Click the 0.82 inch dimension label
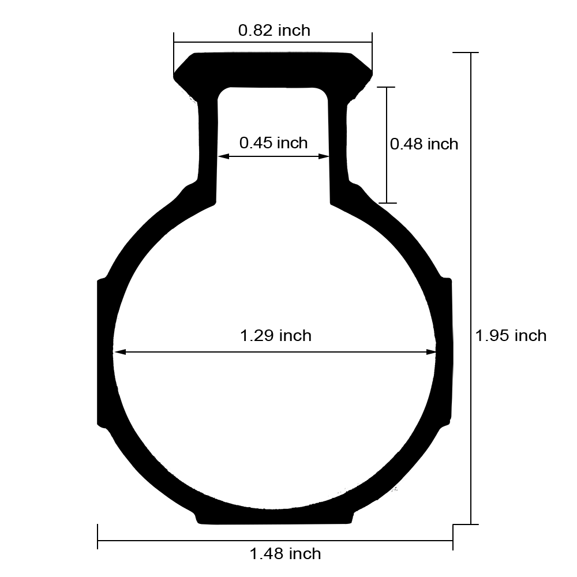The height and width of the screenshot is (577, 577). pyautogui.click(x=274, y=30)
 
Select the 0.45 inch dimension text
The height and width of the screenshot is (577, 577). pyautogui.click(x=273, y=143)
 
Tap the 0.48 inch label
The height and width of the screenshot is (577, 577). pyautogui.click(x=424, y=144)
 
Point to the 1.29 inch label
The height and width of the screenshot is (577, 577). pyautogui.click(x=276, y=336)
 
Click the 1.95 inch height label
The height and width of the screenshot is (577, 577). pyautogui.click(x=511, y=336)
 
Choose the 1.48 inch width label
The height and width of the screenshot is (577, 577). pyautogui.click(x=285, y=553)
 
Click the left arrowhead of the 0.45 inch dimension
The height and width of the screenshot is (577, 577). pyautogui.click(x=223, y=156)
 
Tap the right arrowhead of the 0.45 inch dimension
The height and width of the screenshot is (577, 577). pyautogui.click(x=324, y=156)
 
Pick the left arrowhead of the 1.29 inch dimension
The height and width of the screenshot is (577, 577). pyautogui.click(x=119, y=352)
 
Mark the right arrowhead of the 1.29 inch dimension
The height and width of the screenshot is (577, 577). pyautogui.click(x=431, y=352)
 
